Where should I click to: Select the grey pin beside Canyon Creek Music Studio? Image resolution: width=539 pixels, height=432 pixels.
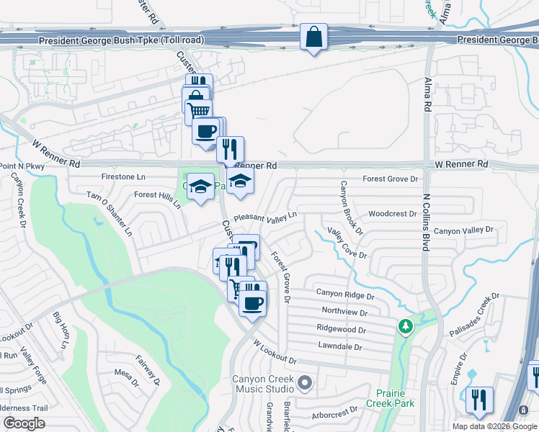coord(305,382)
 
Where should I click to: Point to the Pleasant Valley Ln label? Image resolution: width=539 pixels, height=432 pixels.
coord(264,216)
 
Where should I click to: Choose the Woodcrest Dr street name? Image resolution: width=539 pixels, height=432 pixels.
coord(392,214)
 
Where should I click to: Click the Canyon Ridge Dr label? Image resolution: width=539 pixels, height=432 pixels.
coord(346,295)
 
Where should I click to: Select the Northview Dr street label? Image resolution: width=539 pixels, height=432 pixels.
coord(344,312)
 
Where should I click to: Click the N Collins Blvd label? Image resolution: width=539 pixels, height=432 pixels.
coord(425,222)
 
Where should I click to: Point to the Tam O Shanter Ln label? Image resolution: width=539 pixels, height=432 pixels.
coord(110,214)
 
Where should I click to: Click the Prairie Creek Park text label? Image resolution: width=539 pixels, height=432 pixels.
coord(395,398)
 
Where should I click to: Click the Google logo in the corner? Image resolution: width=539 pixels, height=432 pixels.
coord(24,423)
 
